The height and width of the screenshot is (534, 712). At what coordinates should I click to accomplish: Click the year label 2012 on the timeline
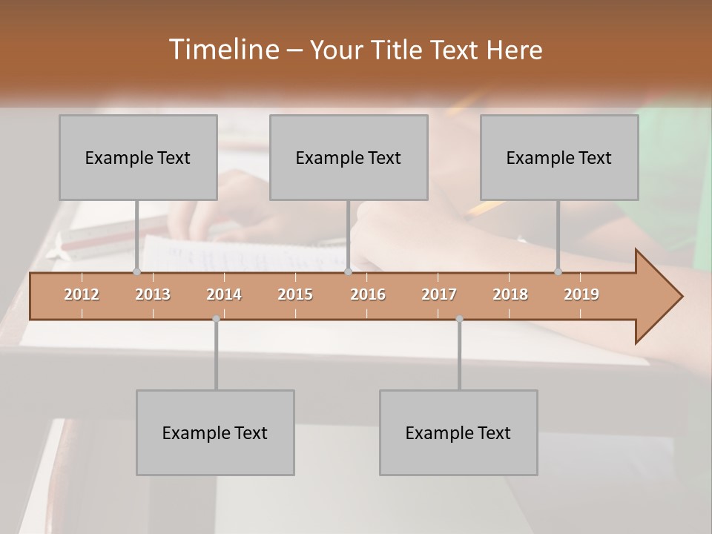[x=82, y=294]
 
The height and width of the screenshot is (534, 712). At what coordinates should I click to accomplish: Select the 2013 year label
[x=153, y=294]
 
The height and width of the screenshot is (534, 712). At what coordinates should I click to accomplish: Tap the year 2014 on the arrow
[x=224, y=294]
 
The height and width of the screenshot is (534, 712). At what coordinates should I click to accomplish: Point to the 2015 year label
[x=295, y=294]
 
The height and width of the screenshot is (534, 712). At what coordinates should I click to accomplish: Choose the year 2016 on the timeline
[x=368, y=294]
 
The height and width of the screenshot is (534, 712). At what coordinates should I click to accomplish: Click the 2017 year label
[x=439, y=294]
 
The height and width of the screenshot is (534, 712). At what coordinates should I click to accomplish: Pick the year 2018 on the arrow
[x=510, y=294]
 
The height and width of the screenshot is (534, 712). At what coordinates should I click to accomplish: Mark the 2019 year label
[x=581, y=294]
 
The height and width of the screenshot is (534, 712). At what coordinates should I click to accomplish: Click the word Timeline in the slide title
[x=222, y=50]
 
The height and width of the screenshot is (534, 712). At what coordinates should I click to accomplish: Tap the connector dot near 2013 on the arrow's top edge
[x=136, y=272]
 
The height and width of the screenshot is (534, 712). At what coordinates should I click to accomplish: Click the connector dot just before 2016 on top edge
[x=348, y=272]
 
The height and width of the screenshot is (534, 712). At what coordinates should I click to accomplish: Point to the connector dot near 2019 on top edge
[x=558, y=272]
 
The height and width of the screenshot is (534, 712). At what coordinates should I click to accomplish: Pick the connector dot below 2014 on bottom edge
[x=216, y=319]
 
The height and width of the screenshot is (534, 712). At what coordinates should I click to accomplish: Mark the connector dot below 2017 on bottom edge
[x=459, y=319]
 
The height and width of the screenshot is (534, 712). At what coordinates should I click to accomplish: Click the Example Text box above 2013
[x=138, y=157]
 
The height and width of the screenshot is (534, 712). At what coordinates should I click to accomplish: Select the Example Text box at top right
[x=559, y=157]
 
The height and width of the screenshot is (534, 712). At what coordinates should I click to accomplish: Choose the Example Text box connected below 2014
[x=215, y=432]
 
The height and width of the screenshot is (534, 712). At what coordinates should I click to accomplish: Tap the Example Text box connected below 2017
[x=458, y=432]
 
